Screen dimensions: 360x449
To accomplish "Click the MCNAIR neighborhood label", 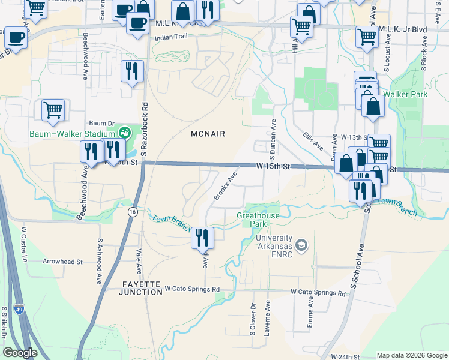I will pos(208,134).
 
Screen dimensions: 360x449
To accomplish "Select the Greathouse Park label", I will pos(259,219).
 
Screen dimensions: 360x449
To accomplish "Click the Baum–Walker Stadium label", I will pos(73,133).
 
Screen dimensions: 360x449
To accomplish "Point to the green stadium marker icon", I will pos(125,132).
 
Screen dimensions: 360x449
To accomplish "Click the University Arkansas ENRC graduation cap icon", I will pos(301,245).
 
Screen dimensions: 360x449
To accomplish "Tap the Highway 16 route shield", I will pos(132,211).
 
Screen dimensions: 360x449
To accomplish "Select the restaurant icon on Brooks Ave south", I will pos(202,238).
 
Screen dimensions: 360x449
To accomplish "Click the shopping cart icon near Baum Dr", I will pos(53,110).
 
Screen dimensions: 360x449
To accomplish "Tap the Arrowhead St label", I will pos(62,262).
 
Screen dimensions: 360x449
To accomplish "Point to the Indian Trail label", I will pos(171,37).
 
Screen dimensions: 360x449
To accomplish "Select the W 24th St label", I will pos(344,356).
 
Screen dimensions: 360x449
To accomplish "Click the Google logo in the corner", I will pos(20,353).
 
